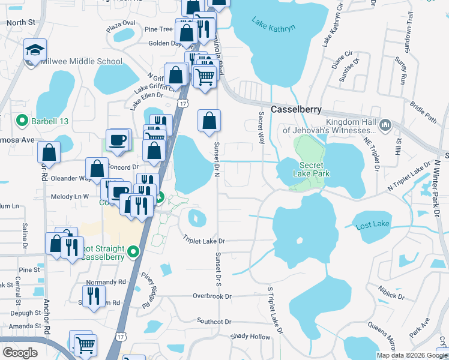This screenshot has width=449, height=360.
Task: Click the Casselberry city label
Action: coord(296,110)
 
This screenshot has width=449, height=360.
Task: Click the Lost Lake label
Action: coord(372,225)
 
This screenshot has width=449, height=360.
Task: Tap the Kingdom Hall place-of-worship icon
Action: coord(385,125)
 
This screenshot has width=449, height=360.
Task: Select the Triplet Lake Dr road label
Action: coord(203,241)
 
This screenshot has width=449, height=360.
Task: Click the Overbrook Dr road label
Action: coord(212,296)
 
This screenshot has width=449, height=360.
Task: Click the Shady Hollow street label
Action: coord(250,337)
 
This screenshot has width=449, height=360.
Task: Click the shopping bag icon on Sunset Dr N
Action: coord(209,121)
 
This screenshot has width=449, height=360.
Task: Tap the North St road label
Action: coord(22,22)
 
